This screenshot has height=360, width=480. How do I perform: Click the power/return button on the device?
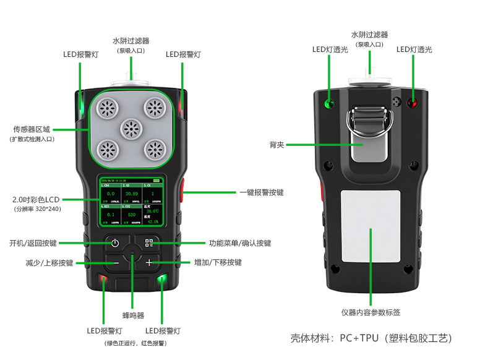coord(115,243)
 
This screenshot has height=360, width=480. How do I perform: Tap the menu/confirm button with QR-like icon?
coord(148,243)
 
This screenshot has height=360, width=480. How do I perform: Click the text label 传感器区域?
coord(32,130)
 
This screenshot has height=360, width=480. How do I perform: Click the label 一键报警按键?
coord(261,192)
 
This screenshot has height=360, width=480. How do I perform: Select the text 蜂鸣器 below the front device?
coord(133,315)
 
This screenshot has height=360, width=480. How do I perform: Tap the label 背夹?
coord(276,145)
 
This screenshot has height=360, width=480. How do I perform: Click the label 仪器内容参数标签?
coord(371,312)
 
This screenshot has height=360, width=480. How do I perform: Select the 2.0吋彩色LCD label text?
coord(36,200)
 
